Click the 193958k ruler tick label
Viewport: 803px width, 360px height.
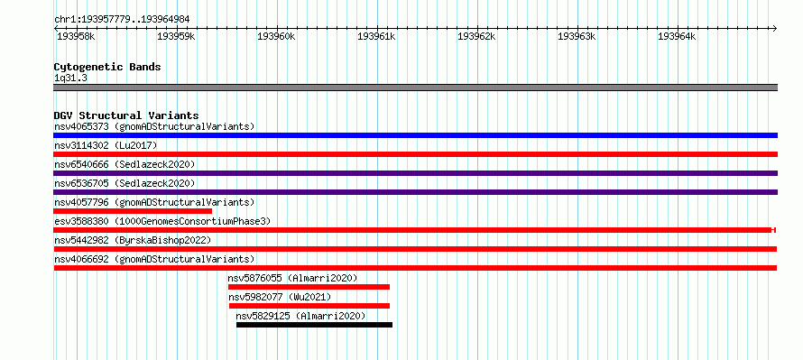coord(76,36)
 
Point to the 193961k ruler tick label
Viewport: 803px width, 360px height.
coord(376,36)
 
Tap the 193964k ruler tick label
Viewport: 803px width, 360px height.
coord(677,36)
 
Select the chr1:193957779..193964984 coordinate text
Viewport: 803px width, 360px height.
coord(122,20)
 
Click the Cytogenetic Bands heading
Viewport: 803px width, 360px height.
coord(107,67)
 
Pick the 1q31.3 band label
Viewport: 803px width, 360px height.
coord(70,78)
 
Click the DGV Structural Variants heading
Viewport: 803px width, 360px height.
coord(126,115)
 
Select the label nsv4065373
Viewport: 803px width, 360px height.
coord(81,126)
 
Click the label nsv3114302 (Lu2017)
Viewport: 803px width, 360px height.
coord(106,145)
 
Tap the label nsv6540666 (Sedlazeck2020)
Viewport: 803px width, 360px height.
coord(125,164)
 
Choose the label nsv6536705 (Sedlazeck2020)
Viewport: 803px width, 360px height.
coord(125,183)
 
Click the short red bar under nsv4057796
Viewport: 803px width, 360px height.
coord(133,211)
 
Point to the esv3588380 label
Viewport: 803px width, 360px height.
coord(81,221)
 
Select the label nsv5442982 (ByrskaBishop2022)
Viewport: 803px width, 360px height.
coord(133,240)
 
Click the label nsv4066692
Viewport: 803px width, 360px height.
coord(81,259)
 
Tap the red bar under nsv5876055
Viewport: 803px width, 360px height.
coord(309,287)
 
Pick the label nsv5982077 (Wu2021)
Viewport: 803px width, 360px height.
coord(280,297)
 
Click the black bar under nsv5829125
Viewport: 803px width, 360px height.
coord(315,325)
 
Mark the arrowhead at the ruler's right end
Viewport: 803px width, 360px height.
coord(774,28)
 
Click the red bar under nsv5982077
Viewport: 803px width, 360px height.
coord(309,306)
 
